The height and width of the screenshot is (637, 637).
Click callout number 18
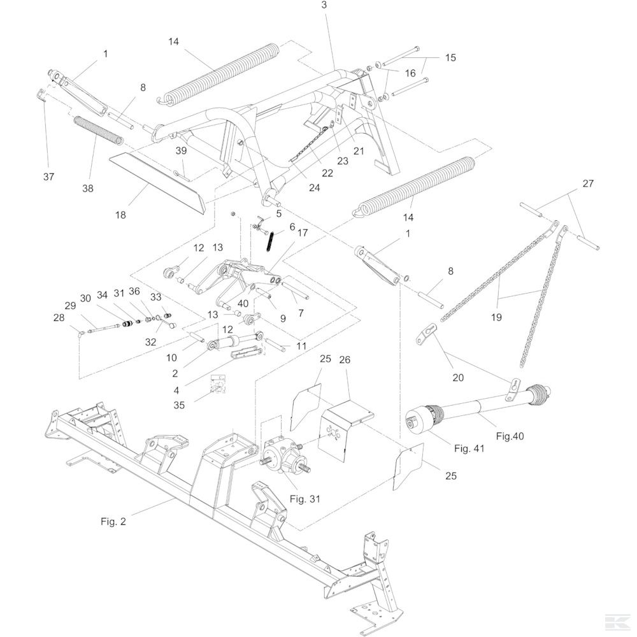tap(120, 215)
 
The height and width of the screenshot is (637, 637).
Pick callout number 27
tap(587, 183)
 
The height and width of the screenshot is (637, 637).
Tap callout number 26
tap(345, 360)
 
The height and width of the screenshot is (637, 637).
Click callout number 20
tap(459, 377)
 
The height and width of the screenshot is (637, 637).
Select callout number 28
tap(59, 317)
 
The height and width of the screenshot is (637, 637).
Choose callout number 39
tap(182, 150)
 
